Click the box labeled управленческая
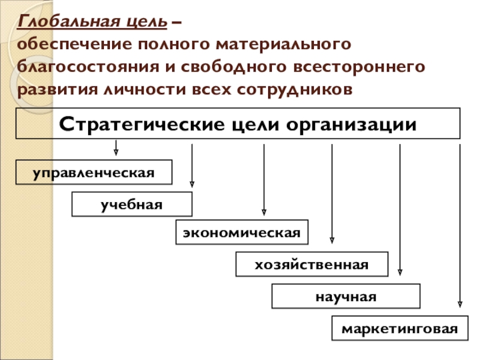tap(94, 172)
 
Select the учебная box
tap(132, 204)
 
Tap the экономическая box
tap(242, 232)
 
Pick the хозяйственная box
tap(311, 265)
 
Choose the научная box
tap(346, 296)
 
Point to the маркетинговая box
tap(400, 328)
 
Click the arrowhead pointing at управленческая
tap(116, 152)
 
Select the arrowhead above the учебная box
tap(191, 184)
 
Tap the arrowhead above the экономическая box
tap(264, 212)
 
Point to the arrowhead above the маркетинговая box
tap(460, 304)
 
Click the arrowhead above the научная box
tap(400, 272)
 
